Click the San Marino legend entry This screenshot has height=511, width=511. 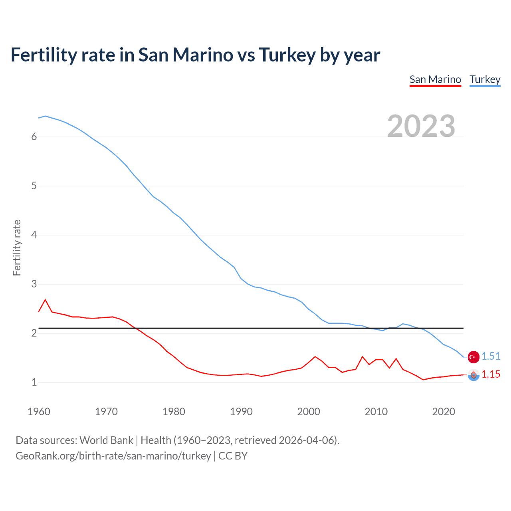[x=435, y=79]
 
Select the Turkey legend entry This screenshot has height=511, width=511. [x=485, y=79]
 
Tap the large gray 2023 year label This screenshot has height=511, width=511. [x=421, y=126]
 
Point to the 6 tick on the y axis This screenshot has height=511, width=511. [x=34, y=137]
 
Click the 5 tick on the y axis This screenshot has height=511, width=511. [x=34, y=186]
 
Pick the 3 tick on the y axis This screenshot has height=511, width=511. [x=34, y=284]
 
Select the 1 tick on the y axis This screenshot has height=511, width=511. [x=34, y=382]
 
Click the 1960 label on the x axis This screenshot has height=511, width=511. [x=39, y=412]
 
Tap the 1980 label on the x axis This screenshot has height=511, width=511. [x=174, y=412]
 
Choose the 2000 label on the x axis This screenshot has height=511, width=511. [x=309, y=412]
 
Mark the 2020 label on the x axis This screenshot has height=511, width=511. [x=444, y=412]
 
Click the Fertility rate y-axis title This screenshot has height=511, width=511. [x=17, y=248]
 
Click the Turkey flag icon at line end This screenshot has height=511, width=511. [x=473, y=357]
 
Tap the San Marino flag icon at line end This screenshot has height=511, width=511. [x=473, y=375]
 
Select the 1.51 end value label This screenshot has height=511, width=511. [x=491, y=357]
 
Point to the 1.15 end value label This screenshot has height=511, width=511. [x=491, y=374]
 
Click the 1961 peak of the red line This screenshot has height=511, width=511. [x=45, y=299]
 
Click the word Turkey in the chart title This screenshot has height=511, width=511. [x=287, y=55]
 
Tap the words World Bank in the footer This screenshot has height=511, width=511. [x=106, y=440]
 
